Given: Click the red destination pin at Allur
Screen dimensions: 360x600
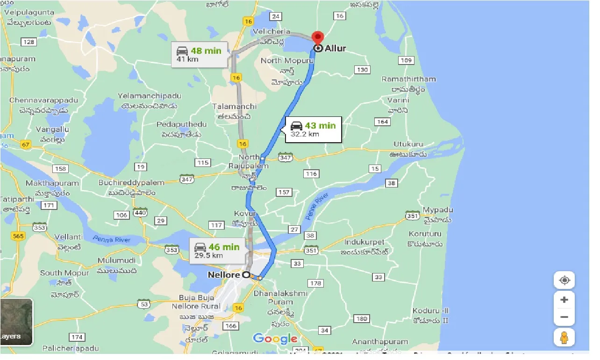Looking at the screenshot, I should point(318,38).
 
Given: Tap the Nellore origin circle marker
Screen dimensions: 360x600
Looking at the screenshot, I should point(245,275).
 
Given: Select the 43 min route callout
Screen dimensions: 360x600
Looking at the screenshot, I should point(313,130).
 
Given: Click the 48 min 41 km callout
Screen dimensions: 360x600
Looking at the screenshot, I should point(200,54).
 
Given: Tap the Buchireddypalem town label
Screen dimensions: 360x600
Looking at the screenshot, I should point(131,183).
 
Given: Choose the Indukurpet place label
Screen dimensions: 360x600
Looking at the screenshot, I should point(364,242).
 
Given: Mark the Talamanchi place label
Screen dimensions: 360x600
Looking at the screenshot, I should point(235,107).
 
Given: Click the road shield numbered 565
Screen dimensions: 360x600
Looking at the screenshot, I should point(18,236).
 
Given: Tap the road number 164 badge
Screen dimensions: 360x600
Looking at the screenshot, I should point(382,122).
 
